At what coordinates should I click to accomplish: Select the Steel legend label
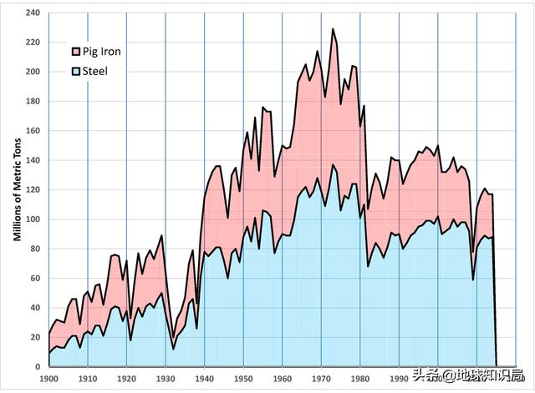coord(95,71)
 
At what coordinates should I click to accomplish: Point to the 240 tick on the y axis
coord(33,13)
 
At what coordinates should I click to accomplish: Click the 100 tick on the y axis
coord(33,219)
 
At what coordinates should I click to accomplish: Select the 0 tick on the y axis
coord(38,366)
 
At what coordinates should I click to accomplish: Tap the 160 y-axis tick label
coord(33,131)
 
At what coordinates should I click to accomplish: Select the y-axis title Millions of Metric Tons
coord(16,189)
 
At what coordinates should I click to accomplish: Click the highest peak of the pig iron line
coord(332,29)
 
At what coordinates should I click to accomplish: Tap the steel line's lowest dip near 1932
coord(173,349)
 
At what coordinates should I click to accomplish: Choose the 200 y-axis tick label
coord(33,72)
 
